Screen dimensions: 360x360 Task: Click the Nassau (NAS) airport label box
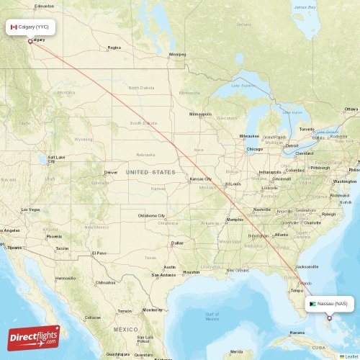330,304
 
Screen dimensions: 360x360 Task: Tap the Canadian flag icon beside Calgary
14,27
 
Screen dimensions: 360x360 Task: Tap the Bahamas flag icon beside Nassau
312,304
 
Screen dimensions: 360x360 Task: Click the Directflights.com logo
34,337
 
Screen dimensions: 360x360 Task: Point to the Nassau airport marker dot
330,318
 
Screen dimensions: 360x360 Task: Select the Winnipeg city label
176,54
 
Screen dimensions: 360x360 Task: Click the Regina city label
114,48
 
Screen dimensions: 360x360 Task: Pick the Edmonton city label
44,6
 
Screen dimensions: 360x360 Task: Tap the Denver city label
110,172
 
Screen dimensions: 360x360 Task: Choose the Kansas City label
201,179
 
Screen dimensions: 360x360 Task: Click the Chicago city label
255,149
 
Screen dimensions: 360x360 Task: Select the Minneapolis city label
200,114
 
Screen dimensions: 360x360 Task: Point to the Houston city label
191,271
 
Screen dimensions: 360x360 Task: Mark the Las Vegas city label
30,210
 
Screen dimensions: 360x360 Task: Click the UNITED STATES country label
150,173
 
